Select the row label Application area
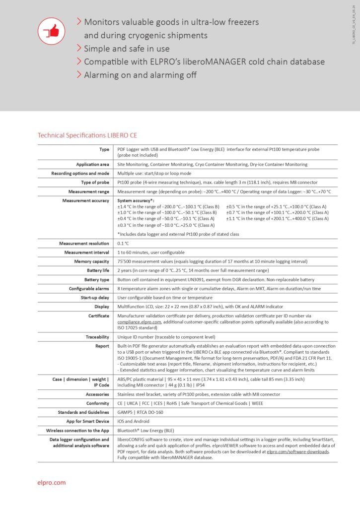pos(92,164)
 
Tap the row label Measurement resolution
pos(84,243)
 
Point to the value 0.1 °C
pos(123,243)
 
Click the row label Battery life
pos(96,270)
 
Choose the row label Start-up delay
pos(95,298)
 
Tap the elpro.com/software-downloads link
pos(298,452)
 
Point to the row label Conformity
pos(96,403)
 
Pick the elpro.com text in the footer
pos(52,482)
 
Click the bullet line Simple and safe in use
pos(127,49)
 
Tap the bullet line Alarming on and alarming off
pos(140,75)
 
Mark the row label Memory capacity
pos(91,261)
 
